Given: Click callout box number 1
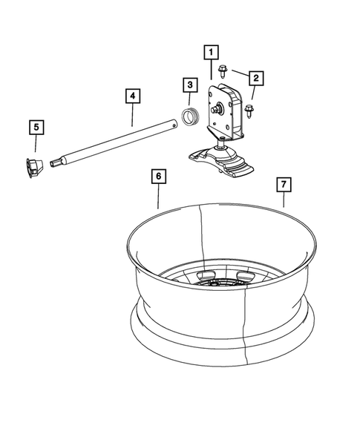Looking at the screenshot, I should pyautogui.click(x=212, y=52).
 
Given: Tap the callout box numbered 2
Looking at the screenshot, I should pyautogui.click(x=256, y=76).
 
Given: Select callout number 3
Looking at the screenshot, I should pyautogui.click(x=189, y=86).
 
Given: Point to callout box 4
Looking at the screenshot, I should pyautogui.click(x=132, y=96).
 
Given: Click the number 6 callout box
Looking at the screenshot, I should pyautogui.click(x=158, y=177).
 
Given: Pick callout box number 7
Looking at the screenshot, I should pyautogui.click(x=282, y=183).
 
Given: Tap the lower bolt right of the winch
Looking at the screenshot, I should pyautogui.click(x=249, y=111).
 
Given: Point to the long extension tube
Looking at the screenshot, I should pyautogui.click(x=119, y=145).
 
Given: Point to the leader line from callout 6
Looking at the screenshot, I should pyautogui.click(x=159, y=197).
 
